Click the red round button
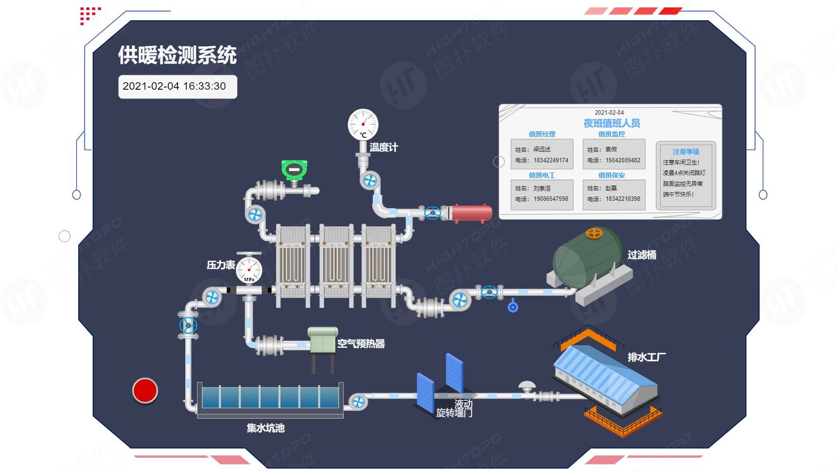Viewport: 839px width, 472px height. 145,390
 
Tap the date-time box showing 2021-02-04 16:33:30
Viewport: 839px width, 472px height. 177,87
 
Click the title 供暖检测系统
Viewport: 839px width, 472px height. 177,55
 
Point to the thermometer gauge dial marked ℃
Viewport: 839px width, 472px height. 363,124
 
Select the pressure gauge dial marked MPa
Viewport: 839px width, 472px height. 249,270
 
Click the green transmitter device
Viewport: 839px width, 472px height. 294,170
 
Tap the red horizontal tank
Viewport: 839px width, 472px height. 471,213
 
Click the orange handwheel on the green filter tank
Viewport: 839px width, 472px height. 594,233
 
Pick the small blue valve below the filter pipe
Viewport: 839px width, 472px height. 513,307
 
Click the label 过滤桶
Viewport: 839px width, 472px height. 641,255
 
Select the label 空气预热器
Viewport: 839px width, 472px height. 361,344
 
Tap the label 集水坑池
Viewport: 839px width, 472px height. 266,428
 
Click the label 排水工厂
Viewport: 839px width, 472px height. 646,357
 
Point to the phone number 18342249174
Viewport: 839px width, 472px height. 551,161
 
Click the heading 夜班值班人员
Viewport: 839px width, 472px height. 611,123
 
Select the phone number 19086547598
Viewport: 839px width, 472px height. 551,199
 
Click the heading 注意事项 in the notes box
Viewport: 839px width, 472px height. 686,152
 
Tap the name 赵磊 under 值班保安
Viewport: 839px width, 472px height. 611,189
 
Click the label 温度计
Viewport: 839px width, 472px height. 384,147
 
